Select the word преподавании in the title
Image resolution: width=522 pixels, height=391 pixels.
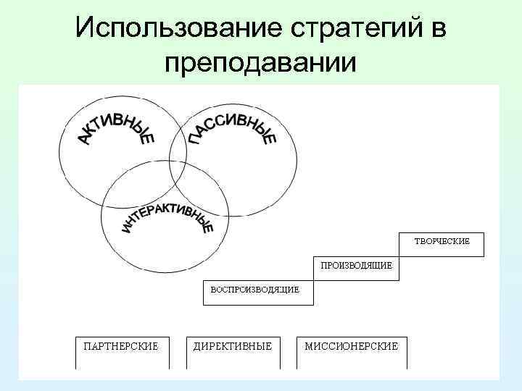pyautogui.click(x=261, y=63)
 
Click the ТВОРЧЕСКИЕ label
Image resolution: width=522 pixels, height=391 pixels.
pyautogui.click(x=442, y=240)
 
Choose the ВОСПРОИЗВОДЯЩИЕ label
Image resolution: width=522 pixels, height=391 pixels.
pyautogui.click(x=254, y=290)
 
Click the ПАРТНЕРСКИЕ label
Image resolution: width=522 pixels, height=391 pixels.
pyautogui.click(x=121, y=346)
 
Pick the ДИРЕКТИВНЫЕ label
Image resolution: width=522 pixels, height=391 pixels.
pyautogui.click(x=232, y=346)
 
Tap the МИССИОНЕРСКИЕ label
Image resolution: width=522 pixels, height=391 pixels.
pyautogui.click(x=351, y=346)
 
